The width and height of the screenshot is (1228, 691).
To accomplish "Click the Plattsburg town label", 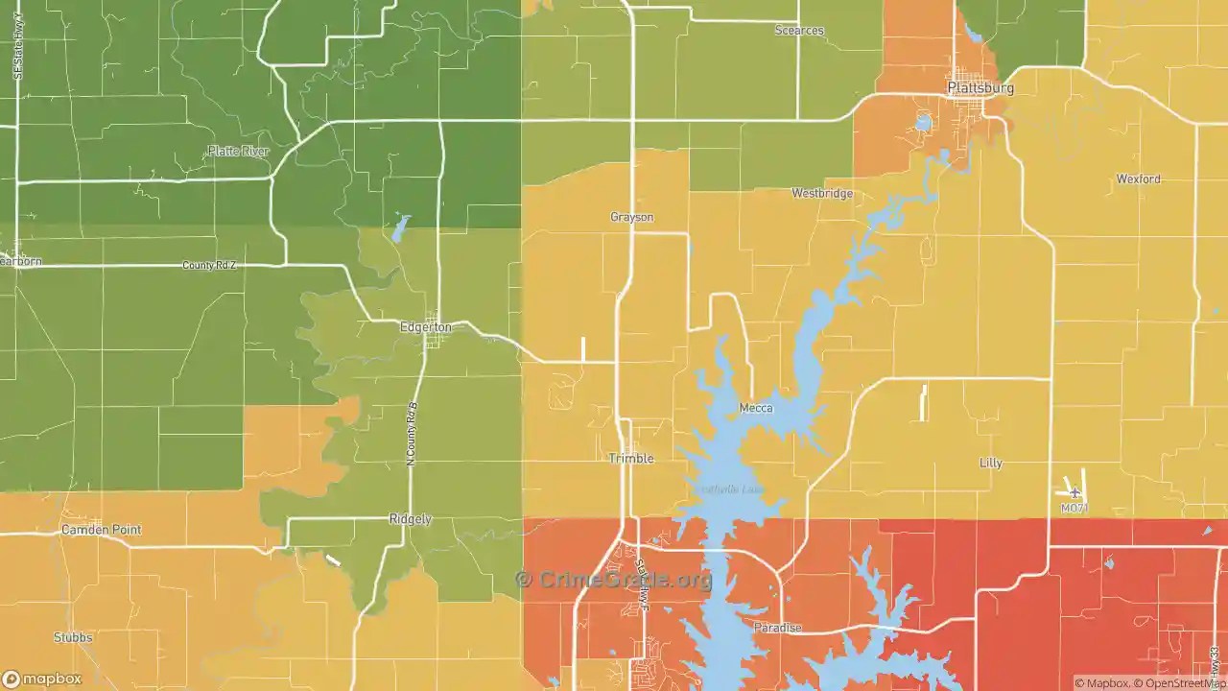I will pos(980,88).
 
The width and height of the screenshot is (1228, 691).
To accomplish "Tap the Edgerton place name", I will pos(425,327).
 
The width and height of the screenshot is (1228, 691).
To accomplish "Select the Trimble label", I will pos(631,459).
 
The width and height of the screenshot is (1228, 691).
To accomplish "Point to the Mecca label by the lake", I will pos(756,409).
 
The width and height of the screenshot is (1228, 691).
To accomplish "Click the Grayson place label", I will pos(631,218).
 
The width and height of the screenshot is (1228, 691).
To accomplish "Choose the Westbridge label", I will pos(822,194).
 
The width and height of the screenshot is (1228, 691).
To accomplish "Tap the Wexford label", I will pos(1138,179).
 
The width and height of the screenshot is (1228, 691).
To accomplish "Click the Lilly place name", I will pos(990,464).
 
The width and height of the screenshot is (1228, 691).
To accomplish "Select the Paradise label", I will pos(776,629).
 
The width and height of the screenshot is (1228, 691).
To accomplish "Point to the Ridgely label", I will pos(410,519).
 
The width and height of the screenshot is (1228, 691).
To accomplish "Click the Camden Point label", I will pos(101,530).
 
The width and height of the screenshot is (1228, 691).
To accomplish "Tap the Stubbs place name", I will pos(74,638).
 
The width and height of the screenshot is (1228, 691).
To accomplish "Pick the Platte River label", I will pos(238,152).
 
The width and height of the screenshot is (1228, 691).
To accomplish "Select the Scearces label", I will pos(799,31).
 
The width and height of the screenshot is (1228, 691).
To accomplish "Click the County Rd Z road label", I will pos(209,265).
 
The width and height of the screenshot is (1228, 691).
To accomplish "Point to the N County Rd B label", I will pos(413,434).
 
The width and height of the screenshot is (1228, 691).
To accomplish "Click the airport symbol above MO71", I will pos(1074,493).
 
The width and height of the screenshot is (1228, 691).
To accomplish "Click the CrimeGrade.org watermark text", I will pos(614,580).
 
